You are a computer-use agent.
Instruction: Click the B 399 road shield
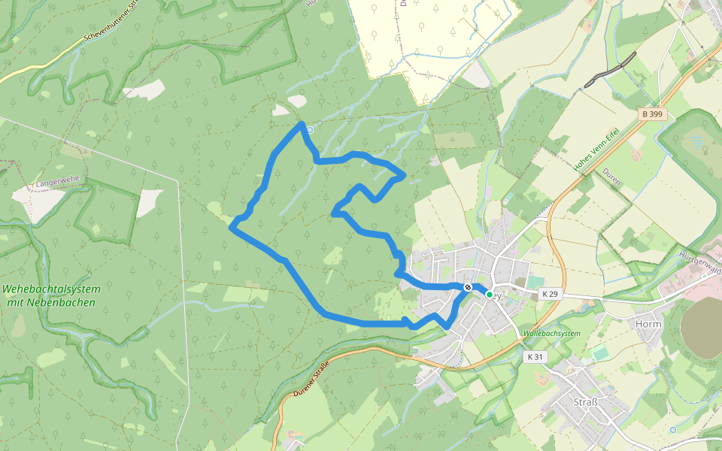coord(653,114)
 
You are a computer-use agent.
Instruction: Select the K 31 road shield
coord(535,356)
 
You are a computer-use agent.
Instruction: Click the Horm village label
coord(648,324)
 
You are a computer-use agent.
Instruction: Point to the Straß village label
coord(585,401)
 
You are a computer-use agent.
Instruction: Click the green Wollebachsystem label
coord(552,332)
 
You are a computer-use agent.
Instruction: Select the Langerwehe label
coord(56,183)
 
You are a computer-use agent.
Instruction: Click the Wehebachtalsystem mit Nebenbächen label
coord(50,295)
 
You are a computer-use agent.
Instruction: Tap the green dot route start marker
coord(489,295)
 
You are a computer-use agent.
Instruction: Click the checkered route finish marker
coord(468,287)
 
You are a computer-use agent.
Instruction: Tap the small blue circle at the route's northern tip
coord(309,130)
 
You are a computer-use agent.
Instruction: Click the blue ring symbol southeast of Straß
coord(673,429)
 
